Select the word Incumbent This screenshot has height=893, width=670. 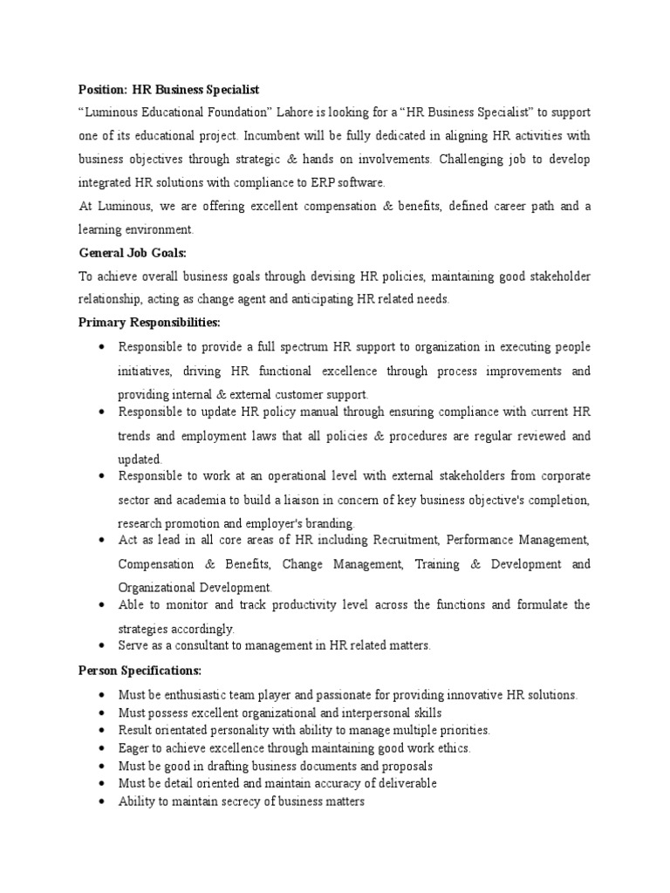275,136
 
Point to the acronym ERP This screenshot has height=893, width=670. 324,181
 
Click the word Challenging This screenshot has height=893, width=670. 478,159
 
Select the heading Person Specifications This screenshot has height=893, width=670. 140,671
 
